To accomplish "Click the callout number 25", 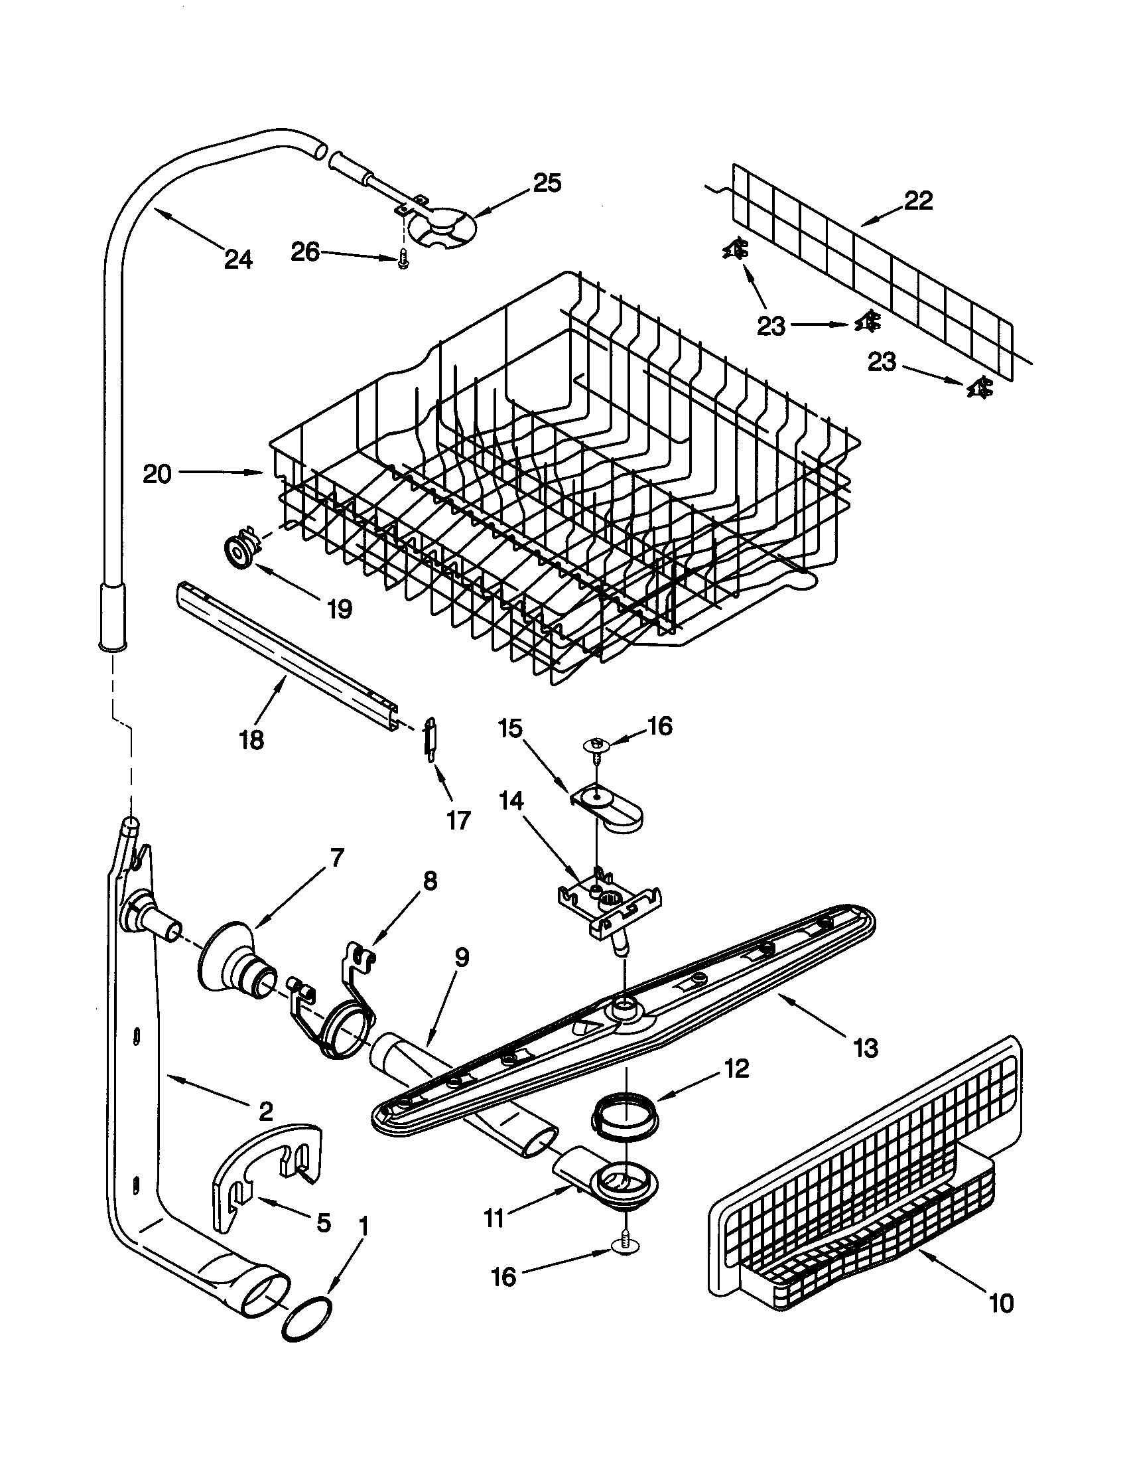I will [547, 183].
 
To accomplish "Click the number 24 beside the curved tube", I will [239, 258].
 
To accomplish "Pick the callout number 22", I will [918, 200].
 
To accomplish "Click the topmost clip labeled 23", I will [736, 250].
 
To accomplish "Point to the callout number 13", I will [865, 1047].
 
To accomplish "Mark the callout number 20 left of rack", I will [158, 474].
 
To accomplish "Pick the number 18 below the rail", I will [252, 739].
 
